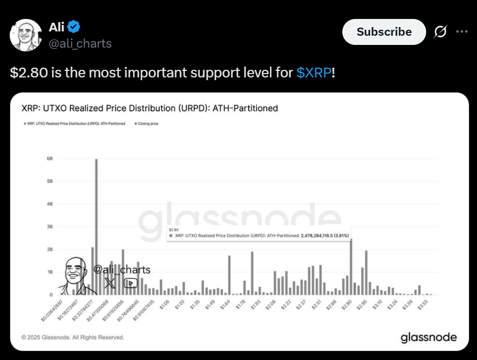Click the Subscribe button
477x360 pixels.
point(384,32)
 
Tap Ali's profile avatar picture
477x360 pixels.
point(26,35)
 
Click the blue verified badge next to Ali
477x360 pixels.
point(74,26)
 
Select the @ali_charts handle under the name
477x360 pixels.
point(80,44)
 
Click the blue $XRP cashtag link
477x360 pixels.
point(314,73)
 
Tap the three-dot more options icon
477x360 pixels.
point(461,32)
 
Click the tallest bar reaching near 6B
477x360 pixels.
point(96,227)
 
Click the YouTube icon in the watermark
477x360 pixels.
point(130,283)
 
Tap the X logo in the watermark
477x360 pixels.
point(110,283)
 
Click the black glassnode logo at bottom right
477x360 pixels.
point(428,338)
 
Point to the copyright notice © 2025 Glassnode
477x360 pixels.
point(72,337)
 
